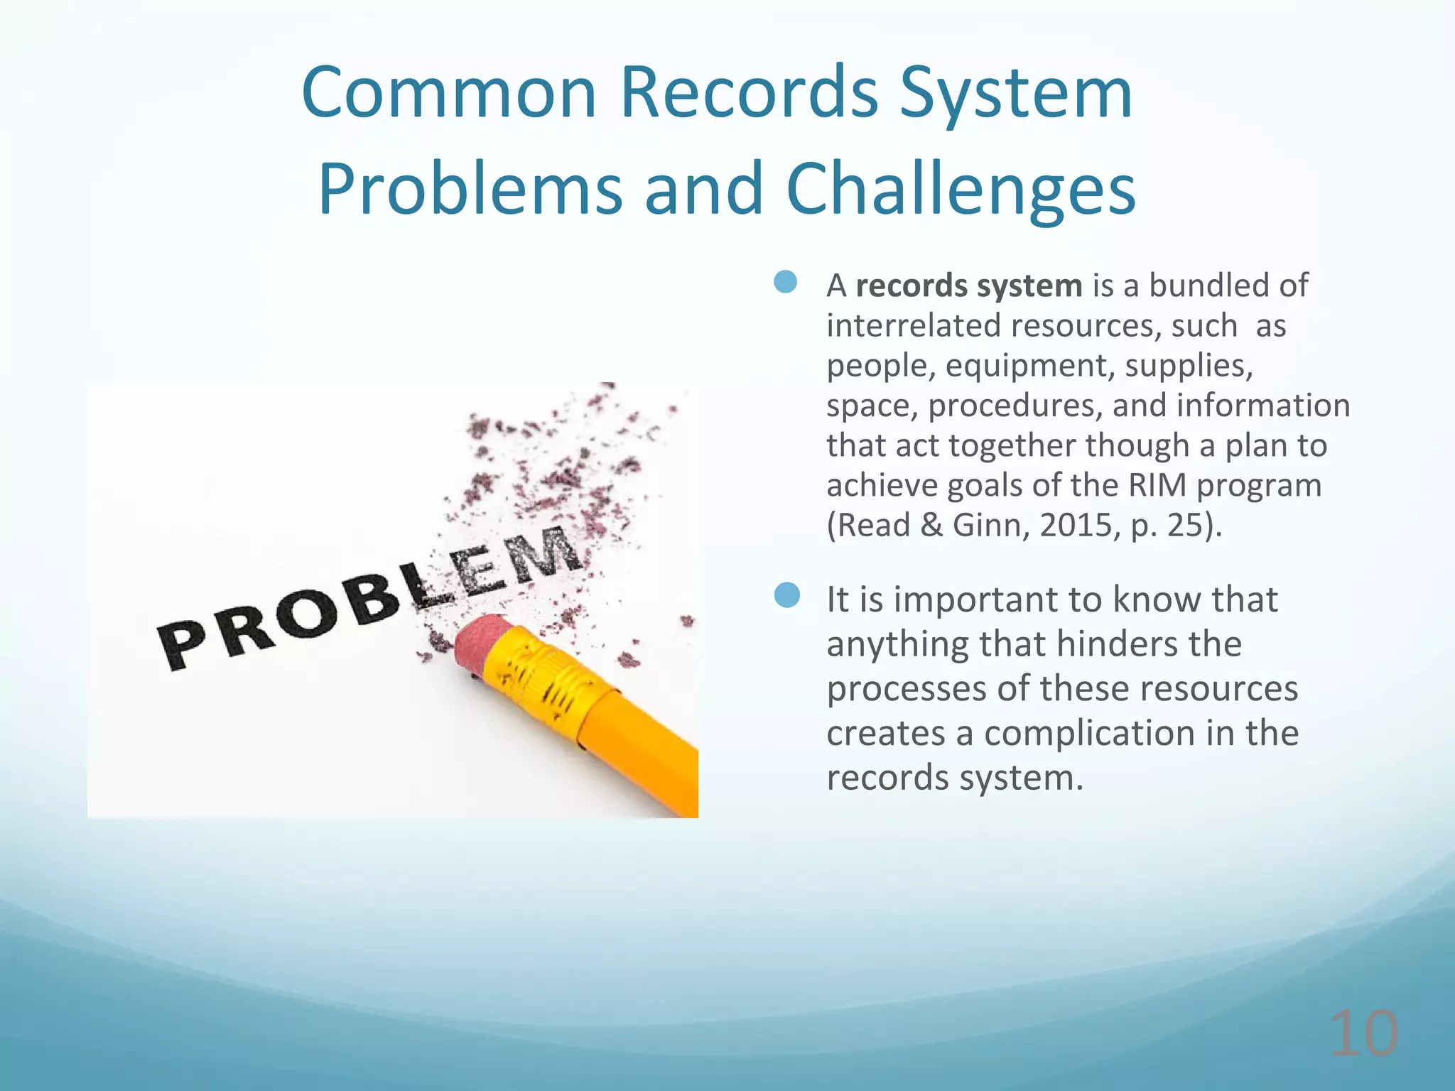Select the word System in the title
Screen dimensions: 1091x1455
[1016, 94]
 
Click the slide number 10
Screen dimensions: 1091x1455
[1363, 1034]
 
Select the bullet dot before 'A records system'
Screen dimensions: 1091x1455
[786, 282]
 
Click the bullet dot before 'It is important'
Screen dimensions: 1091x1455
[787, 595]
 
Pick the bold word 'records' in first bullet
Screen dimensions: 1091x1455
[912, 286]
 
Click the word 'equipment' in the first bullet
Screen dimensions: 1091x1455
[1025, 366]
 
